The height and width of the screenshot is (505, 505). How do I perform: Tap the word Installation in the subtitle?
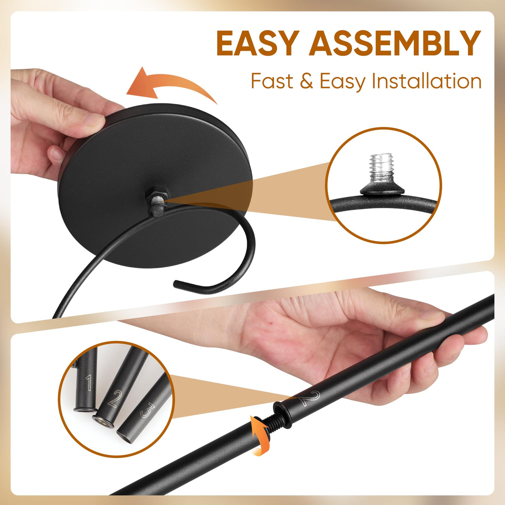click(427, 82)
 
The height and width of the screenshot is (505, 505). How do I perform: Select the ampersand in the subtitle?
click(306, 81)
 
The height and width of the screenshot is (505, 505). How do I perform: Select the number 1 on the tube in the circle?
click(89, 383)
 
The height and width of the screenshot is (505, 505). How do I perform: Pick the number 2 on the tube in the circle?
click(115, 399)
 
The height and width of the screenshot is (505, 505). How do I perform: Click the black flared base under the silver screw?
click(381, 189)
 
